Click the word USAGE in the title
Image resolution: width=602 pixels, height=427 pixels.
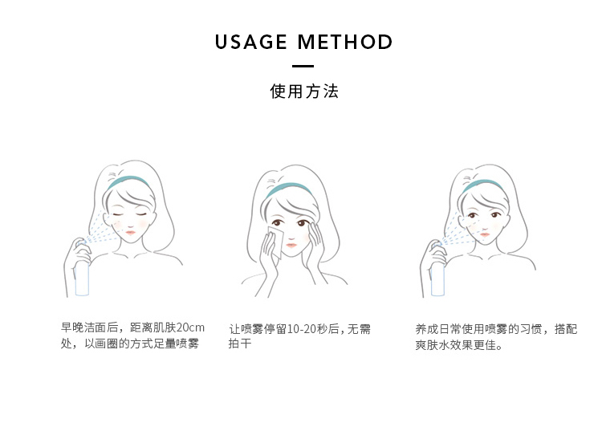pos(250,42)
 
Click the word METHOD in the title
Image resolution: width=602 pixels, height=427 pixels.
pos(345,42)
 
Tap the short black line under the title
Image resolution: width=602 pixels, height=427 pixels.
pos(303,66)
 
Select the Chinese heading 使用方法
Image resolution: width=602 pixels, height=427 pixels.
pos(304,91)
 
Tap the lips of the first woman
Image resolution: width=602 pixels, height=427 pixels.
pos(131,231)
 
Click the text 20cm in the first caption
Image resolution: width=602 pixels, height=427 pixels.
pos(190,327)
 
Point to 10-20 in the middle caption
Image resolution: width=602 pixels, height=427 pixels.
pos(301,329)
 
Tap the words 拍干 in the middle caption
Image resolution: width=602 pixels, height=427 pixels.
pos(240,343)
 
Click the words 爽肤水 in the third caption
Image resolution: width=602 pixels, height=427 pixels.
pos(433,345)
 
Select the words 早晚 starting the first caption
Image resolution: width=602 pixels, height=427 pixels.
pos(72,327)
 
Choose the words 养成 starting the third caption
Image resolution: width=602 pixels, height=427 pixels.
pos(426,329)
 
